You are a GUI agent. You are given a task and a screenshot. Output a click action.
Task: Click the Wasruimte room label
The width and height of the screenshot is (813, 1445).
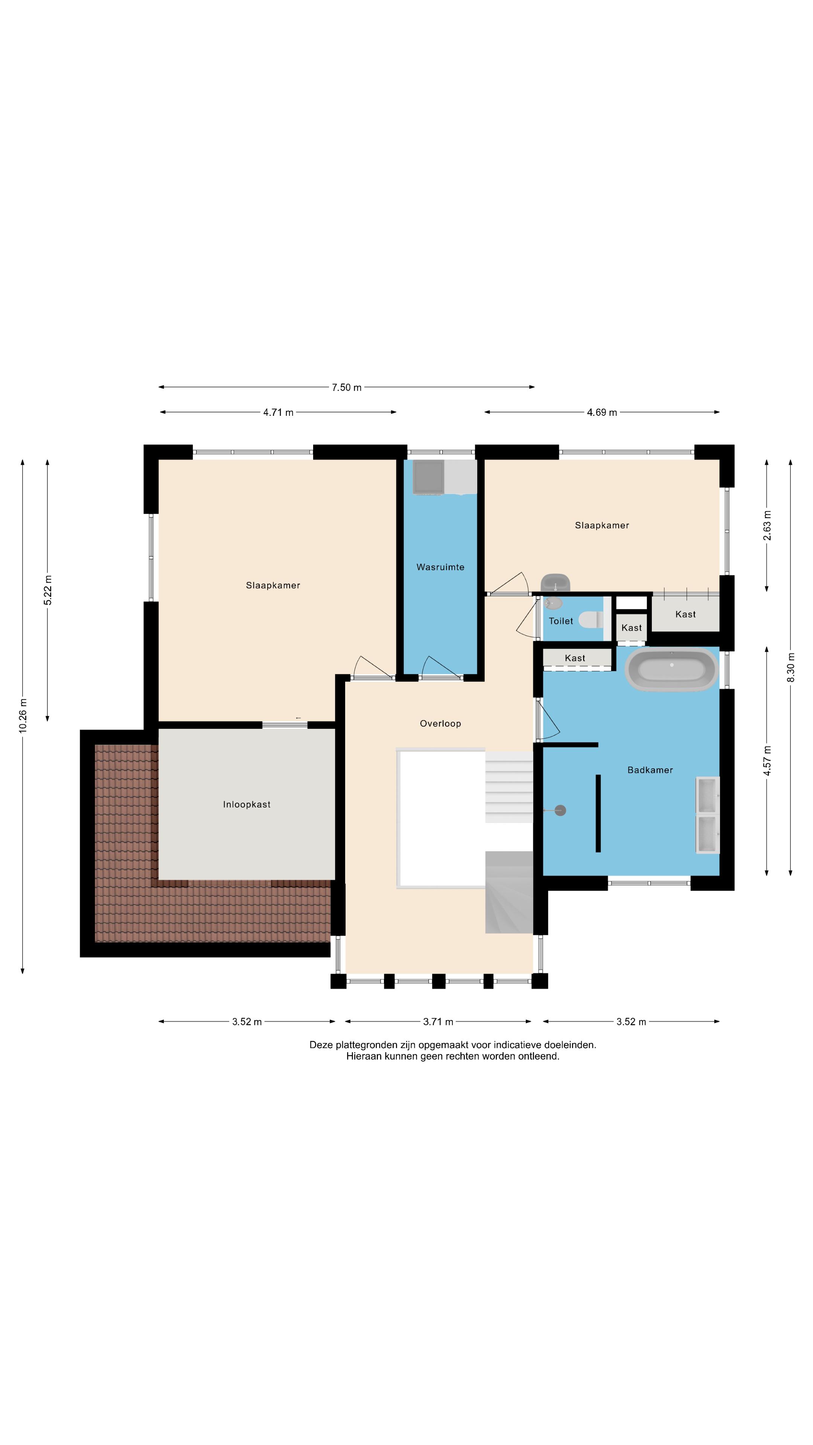pos(440,567)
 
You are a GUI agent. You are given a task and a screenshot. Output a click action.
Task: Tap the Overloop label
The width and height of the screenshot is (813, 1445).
pos(440,724)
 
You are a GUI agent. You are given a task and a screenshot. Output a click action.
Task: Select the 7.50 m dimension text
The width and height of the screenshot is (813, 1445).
pos(346,387)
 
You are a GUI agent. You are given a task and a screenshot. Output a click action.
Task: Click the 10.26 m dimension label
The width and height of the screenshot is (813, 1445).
pos(23,716)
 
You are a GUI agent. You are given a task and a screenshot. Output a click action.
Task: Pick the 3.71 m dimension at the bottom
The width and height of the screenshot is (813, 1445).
pos(438,1022)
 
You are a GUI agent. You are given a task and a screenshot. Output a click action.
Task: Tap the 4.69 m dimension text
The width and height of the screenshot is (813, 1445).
pos(601,412)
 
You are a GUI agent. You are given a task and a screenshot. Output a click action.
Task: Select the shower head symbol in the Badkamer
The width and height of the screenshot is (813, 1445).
pos(559,810)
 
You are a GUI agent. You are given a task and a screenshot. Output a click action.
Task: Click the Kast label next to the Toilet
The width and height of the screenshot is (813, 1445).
pos(631,628)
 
